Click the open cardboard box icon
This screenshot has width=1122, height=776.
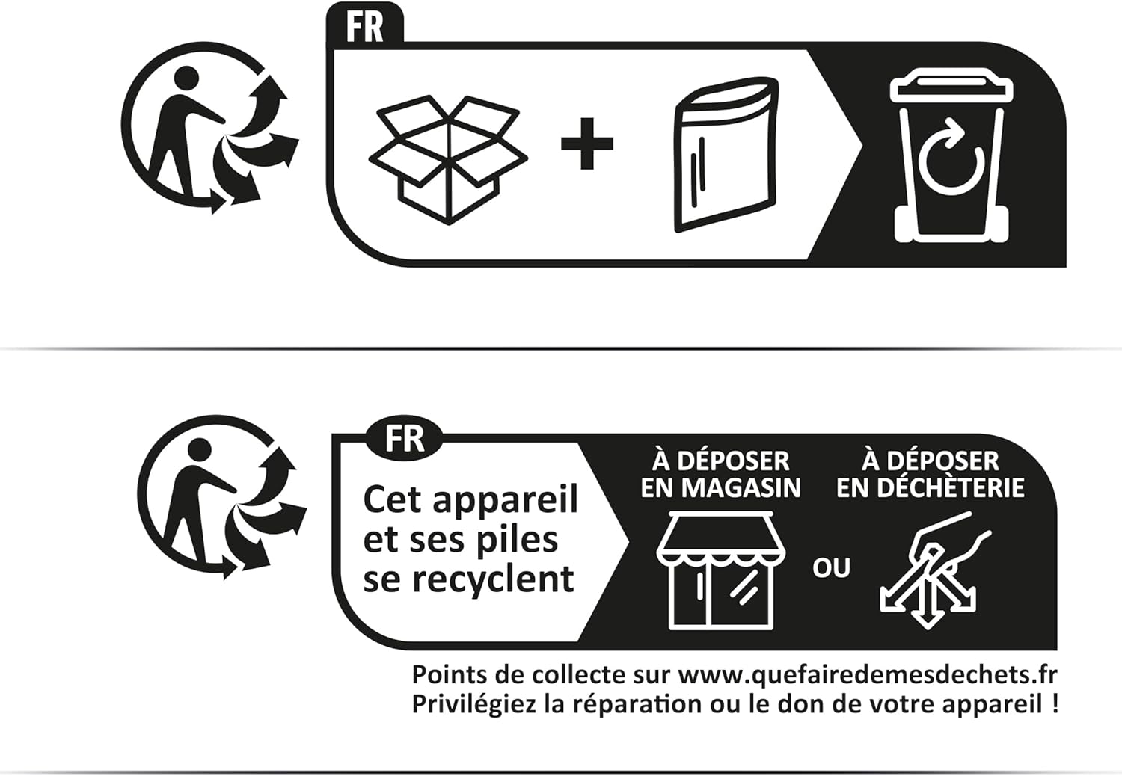[448, 159]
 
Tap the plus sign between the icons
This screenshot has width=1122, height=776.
[586, 144]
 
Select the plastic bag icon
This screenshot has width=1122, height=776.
[726, 155]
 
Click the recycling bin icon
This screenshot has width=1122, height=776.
[951, 158]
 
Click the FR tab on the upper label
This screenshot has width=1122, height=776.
[365, 28]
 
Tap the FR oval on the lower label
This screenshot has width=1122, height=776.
[405, 439]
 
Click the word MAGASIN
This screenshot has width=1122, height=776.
[741, 488]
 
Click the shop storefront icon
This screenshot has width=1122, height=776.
[721, 570]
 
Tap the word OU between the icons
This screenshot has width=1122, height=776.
[832, 568]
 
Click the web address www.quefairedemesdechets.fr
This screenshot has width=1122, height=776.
[868, 675]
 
